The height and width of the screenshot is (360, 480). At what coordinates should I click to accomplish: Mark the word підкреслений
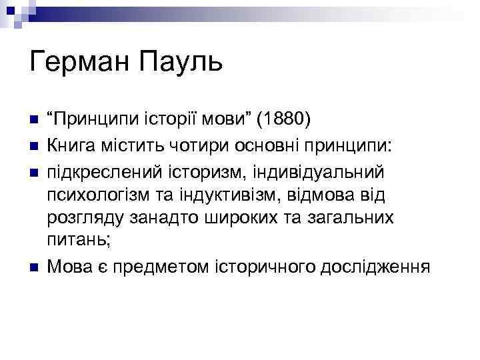point(103,173)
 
